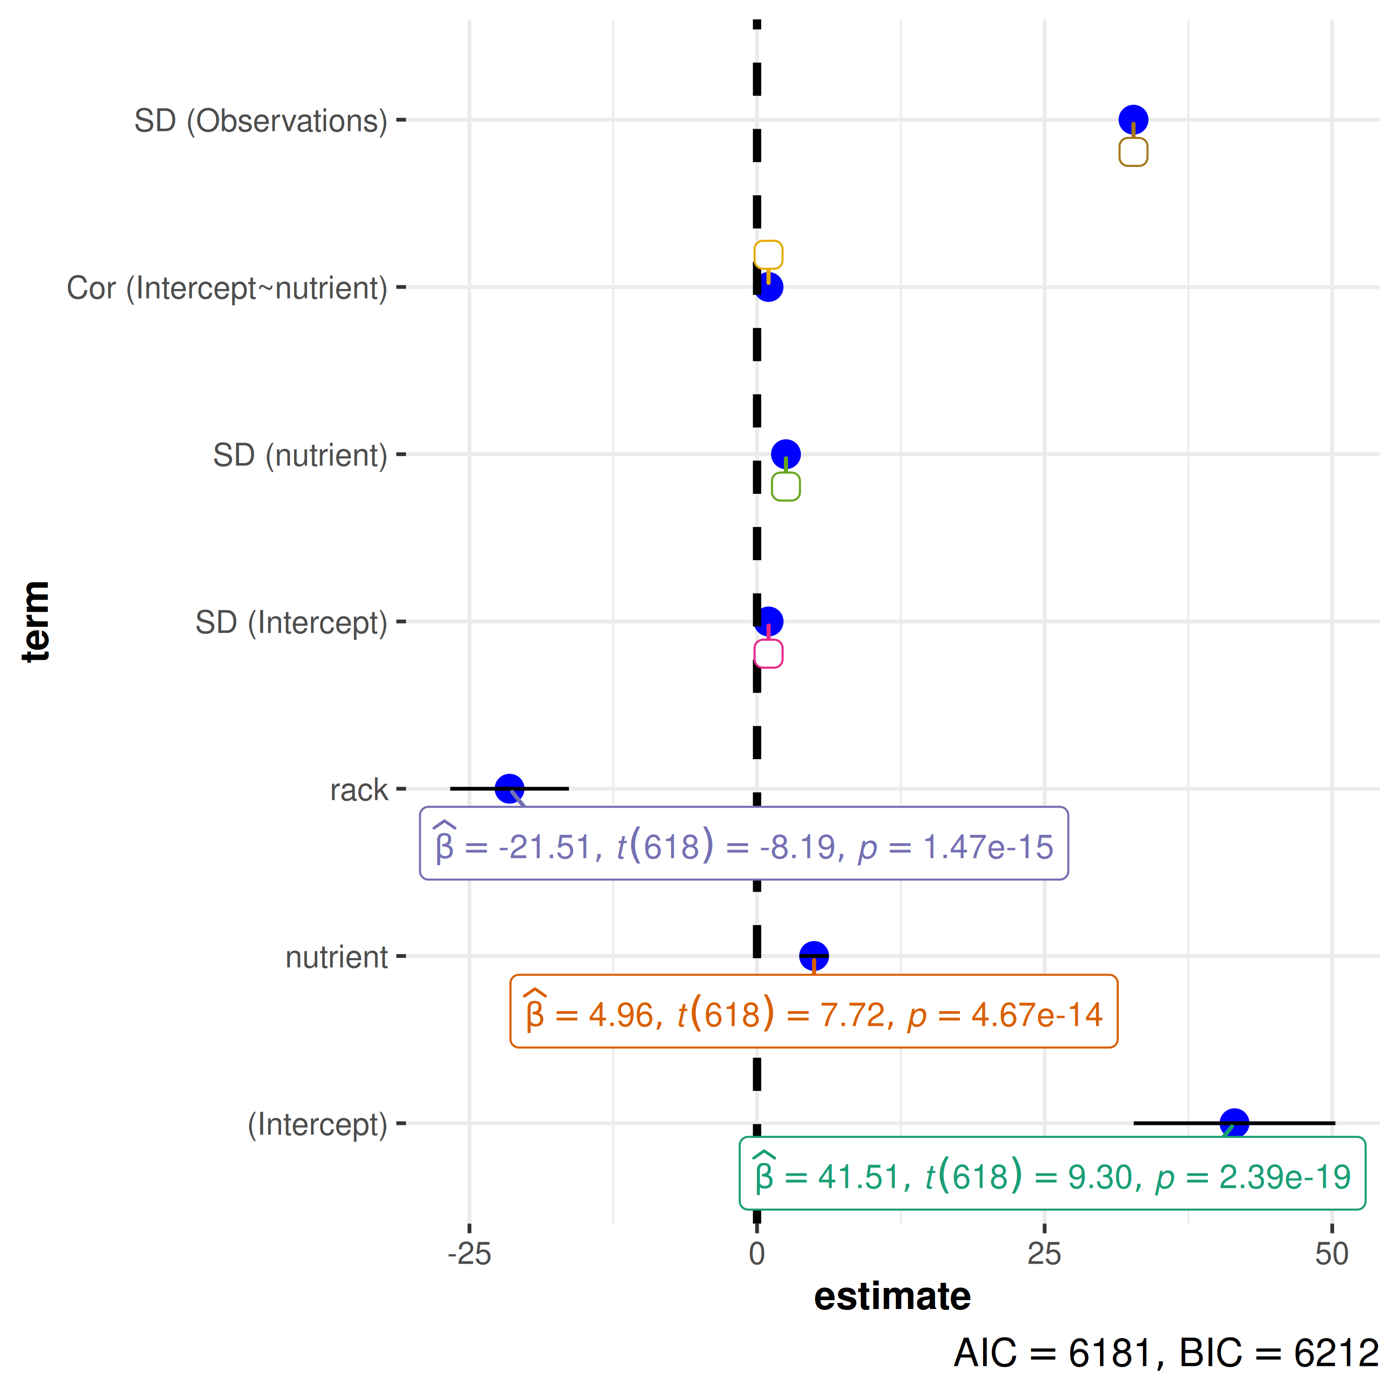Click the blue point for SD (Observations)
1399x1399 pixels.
1133,119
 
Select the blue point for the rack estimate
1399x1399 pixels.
509,788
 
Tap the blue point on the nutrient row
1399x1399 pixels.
813,955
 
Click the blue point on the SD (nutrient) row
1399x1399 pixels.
786,454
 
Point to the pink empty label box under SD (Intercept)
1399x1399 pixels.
769,653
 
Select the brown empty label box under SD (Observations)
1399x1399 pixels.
1133,152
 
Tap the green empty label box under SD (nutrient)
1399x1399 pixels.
786,486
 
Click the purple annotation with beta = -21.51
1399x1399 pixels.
744,844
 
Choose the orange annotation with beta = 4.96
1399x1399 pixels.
813,1011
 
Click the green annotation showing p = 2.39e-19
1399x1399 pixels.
1052,1176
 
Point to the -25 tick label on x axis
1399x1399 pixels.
469,1254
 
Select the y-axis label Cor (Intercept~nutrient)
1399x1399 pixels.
227,287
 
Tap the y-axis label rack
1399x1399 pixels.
359,790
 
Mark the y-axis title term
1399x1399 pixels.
35,621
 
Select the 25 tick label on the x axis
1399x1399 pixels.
1044,1254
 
